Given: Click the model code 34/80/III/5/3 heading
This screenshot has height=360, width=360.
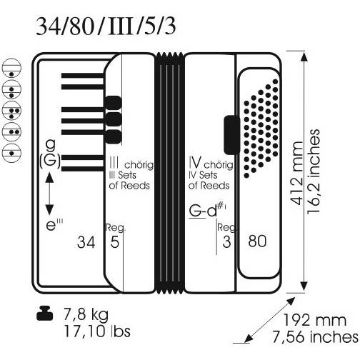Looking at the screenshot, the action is [106, 26].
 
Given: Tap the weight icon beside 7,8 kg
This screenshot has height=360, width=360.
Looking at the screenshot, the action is [45, 314].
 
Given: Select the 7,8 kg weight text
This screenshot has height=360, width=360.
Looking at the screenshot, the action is [86, 315].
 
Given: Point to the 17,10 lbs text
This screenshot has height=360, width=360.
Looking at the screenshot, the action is [97, 331].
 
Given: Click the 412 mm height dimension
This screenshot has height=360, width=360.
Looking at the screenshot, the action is [297, 173].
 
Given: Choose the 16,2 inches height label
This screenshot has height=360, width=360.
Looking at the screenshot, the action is [314, 171].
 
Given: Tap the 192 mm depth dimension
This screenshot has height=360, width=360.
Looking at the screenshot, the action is [314, 320].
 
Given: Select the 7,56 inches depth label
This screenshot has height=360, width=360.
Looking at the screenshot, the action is [315, 336].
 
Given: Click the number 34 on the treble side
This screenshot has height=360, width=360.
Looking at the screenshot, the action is [86, 242].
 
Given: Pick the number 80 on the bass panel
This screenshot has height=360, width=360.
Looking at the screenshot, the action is [257, 241].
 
